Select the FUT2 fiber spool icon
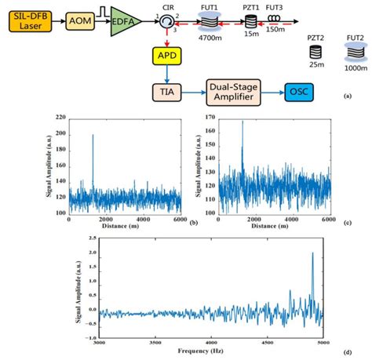(x=356, y=53)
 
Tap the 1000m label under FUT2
(x=356, y=68)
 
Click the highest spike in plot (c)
(x=243, y=122)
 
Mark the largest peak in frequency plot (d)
(x=312, y=254)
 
